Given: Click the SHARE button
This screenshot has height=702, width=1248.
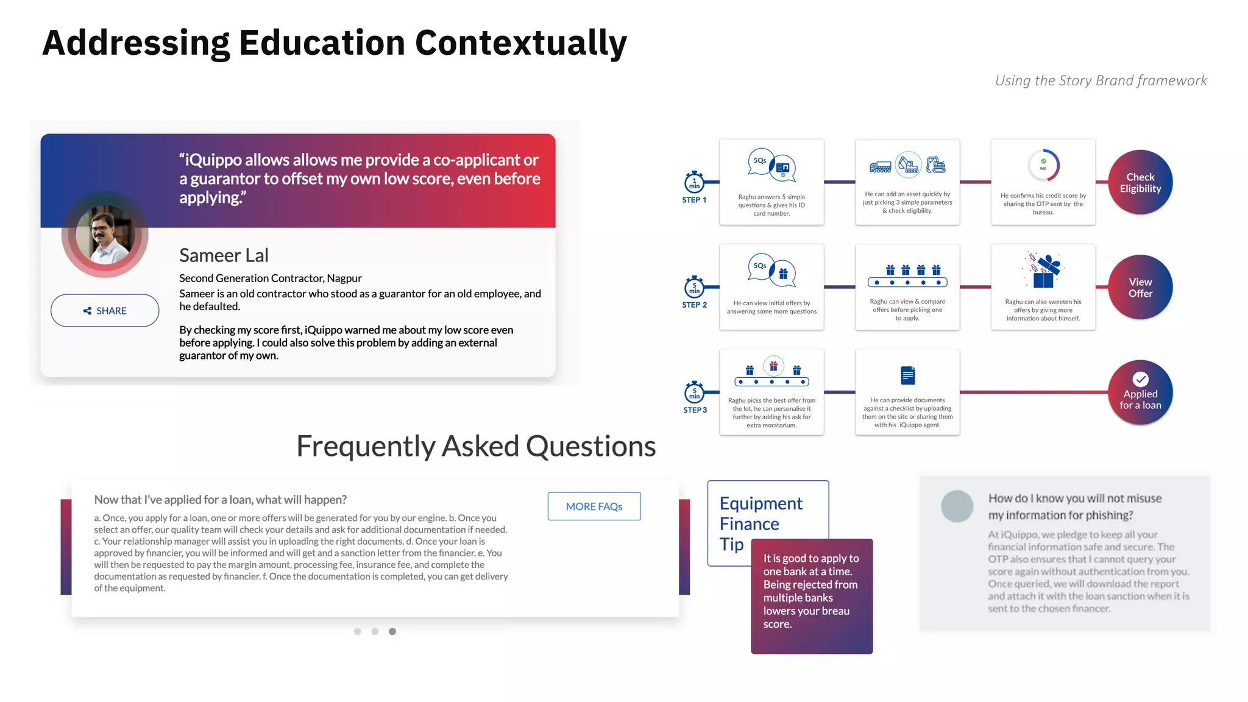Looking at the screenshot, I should point(105,311).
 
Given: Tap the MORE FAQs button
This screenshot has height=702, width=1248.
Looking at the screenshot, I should point(594,506).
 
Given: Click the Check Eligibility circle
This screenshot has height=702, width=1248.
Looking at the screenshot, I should point(1140,182).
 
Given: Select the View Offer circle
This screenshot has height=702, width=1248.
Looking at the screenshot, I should point(1140,287).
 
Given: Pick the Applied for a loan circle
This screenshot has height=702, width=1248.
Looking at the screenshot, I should point(1140,393).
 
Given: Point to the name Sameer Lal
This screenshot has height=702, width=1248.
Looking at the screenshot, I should point(224,255).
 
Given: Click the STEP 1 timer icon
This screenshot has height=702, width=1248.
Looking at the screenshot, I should point(694,182).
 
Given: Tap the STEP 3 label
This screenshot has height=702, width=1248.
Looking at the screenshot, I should point(695,410).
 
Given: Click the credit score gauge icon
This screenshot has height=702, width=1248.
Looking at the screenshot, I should point(1043,166).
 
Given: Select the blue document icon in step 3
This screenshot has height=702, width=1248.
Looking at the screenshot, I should point(907,375).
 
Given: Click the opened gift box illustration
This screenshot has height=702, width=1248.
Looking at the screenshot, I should point(1044,272).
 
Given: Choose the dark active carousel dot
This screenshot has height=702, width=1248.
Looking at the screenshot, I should point(392,631).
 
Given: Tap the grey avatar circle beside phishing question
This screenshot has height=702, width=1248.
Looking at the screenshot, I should point(957,506).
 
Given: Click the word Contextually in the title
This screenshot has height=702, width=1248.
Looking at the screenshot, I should point(520,43).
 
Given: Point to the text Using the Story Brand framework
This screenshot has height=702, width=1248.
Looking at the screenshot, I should point(1101,80).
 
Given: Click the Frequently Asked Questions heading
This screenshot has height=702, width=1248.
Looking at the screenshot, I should point(475,446).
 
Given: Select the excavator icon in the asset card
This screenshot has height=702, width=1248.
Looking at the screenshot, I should point(908,165).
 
